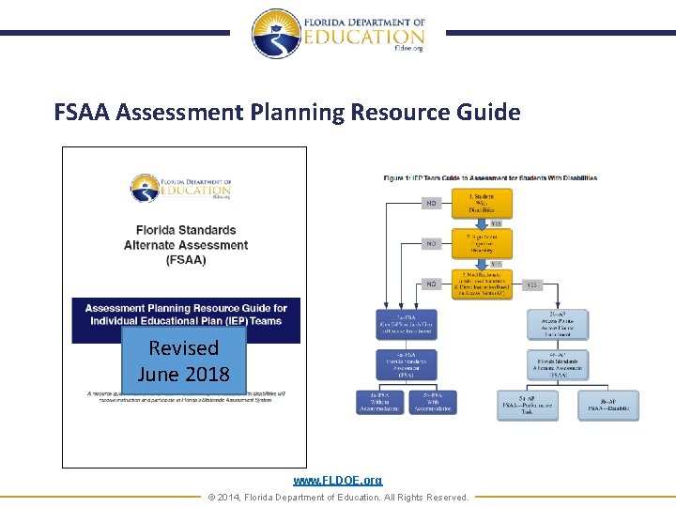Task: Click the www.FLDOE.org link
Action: [x=338, y=480]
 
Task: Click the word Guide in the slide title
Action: [x=489, y=113]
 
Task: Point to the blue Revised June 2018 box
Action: [x=183, y=361]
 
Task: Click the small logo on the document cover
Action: [x=180, y=188]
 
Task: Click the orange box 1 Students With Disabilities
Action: [x=483, y=203]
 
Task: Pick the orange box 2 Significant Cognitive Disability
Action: [x=483, y=243]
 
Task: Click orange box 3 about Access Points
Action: [x=483, y=284]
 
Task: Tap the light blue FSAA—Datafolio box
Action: [x=607, y=405]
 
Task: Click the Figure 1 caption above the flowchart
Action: [x=490, y=177]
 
